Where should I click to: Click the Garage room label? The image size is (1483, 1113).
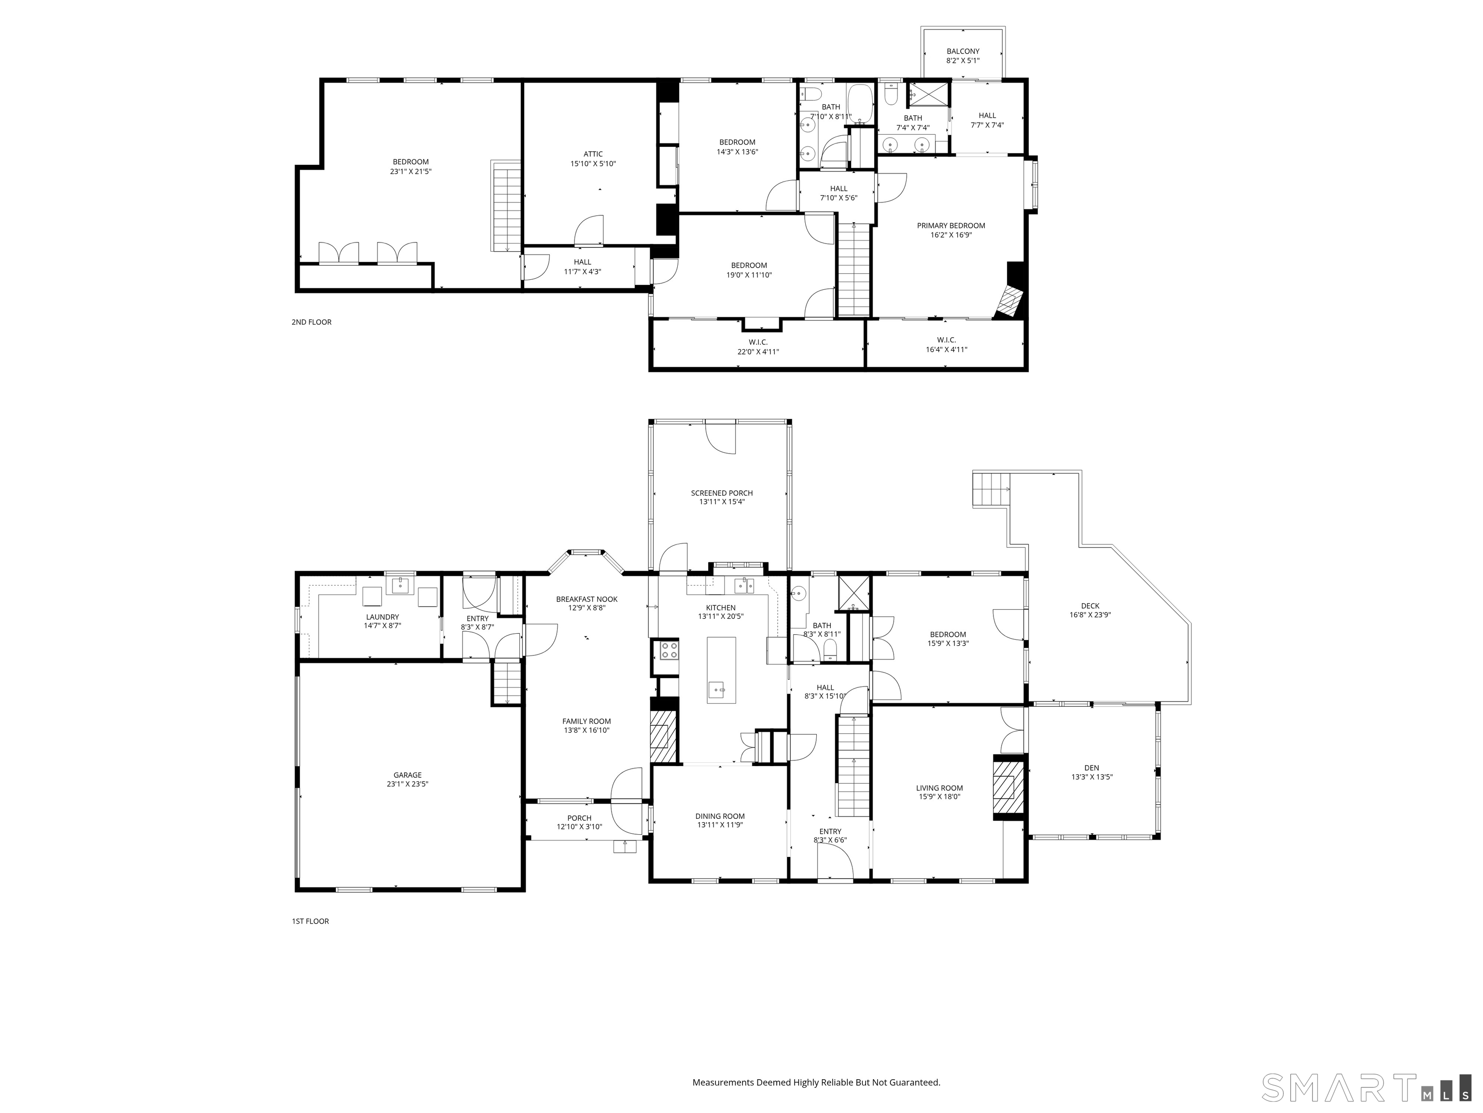coord(407,775)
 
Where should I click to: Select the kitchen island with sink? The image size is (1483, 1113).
coord(721,670)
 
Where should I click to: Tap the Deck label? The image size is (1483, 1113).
coord(1090,606)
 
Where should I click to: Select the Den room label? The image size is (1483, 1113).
coord(1091,768)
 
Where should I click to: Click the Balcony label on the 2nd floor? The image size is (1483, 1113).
coord(963,52)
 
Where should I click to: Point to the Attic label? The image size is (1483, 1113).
coord(593,154)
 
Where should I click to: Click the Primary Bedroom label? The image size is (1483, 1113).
coord(951,226)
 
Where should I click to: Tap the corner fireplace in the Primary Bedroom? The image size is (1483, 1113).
coord(1010,301)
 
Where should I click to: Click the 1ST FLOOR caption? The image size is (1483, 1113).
coord(310,921)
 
